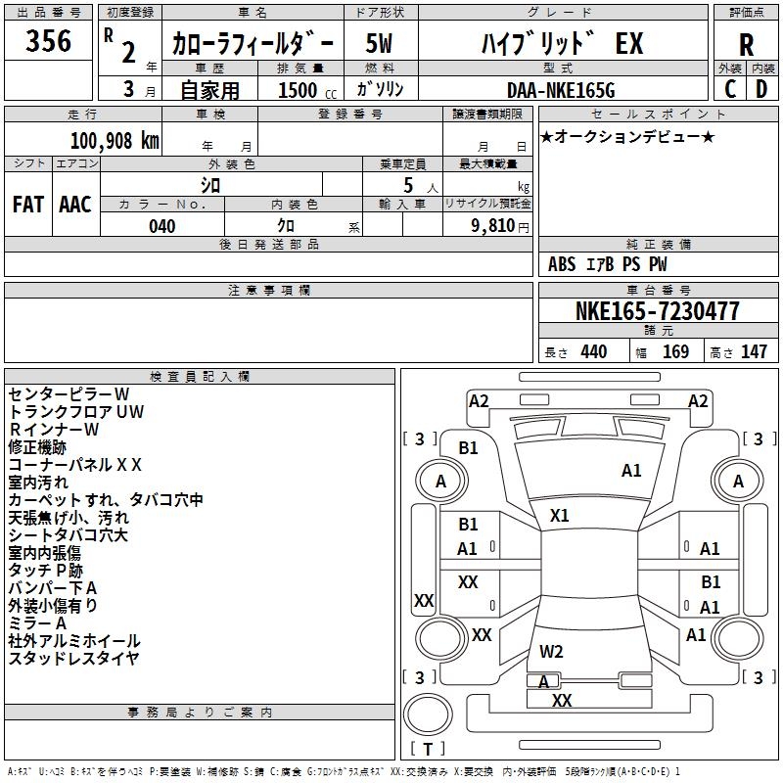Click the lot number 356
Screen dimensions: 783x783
coord(48,41)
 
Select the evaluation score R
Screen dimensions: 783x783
coord(746,45)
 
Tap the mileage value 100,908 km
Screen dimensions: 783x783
coord(115,141)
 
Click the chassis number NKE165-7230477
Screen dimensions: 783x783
coord(657,312)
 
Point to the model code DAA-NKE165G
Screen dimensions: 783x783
coord(560,90)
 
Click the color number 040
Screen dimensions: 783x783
coord(161,226)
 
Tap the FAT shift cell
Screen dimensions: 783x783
coord(27,205)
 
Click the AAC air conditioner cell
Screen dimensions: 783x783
coord(75,205)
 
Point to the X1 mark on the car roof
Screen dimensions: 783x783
coord(560,515)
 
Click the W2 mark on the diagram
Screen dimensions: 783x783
coord(552,651)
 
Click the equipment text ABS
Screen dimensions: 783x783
coord(562,264)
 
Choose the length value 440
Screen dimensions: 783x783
coord(593,352)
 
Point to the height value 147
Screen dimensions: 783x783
coord(754,352)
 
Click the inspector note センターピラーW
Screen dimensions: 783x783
coord(69,394)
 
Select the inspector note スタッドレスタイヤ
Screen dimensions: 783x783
coord(74,659)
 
